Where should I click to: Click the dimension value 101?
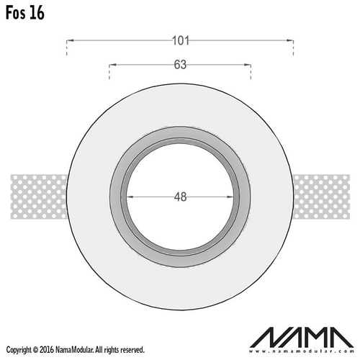pos(181,40)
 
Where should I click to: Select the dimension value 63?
pos(180,65)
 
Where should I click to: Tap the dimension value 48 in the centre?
pos(180,197)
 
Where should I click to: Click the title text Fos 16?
pos(25,13)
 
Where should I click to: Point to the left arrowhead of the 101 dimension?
pos(70,40)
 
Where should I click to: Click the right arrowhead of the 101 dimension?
pos(290,40)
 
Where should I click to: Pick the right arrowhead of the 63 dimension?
pos(248,65)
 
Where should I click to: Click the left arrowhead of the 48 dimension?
pos(130,197)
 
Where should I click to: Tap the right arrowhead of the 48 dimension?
pos(230,197)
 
